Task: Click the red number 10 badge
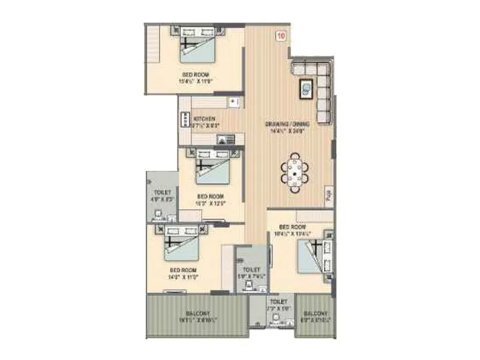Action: [x=281, y=36]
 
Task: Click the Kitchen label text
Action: [x=203, y=122]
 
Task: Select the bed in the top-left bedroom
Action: [x=197, y=48]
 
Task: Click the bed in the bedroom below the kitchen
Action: [x=212, y=169]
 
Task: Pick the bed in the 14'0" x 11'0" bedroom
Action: [x=181, y=247]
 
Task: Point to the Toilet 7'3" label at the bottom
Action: [x=278, y=305]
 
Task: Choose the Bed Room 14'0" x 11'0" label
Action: [x=182, y=274]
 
